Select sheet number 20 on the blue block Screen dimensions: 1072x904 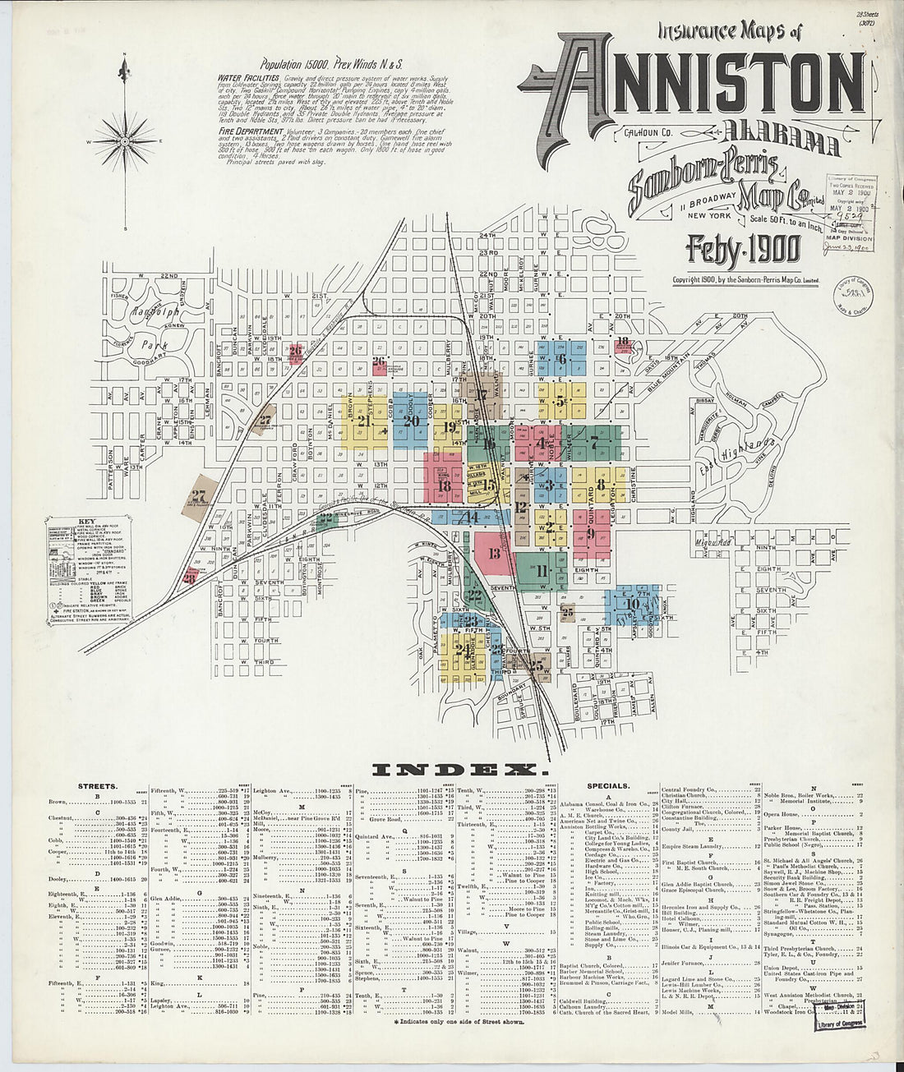(x=411, y=421)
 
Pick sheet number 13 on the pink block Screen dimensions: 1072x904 (x=494, y=554)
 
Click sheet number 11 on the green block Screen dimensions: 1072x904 (x=542, y=570)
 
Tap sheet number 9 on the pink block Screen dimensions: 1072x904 (x=590, y=533)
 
